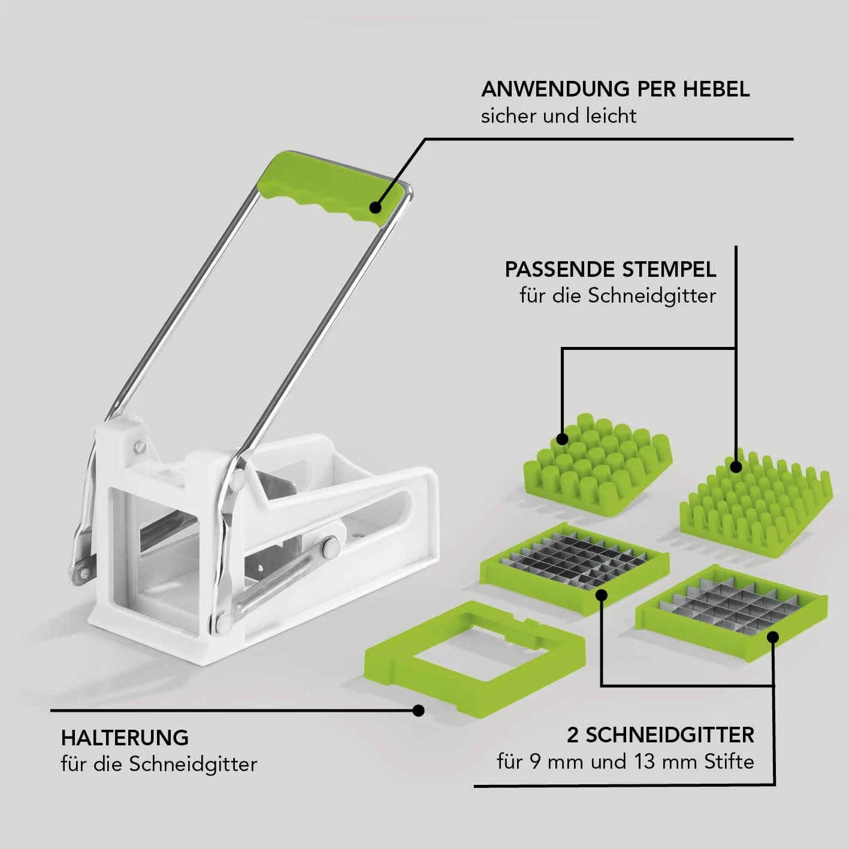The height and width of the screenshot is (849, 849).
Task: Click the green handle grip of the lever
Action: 331,189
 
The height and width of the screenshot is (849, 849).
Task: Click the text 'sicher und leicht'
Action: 558,116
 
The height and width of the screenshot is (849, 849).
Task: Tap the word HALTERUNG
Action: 125,738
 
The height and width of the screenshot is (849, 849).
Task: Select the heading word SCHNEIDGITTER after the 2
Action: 670,735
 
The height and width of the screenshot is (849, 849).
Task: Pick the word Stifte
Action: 729,762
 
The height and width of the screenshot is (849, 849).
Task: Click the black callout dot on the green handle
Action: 375,207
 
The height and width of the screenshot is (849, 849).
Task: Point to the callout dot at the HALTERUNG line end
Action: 419,710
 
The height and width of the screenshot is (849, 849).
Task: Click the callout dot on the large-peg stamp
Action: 562,439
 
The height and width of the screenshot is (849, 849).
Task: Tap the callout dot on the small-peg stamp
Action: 735,467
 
